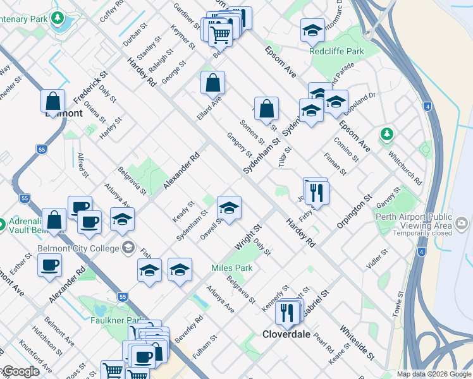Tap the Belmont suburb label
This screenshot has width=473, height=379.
[x=63, y=114]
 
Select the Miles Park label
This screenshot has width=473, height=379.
[x=231, y=268]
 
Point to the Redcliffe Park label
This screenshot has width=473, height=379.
[x=337, y=51]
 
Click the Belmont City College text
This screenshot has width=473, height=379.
[x=78, y=248]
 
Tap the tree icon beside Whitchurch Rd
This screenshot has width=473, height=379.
[x=386, y=134]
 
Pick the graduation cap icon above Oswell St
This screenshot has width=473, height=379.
[x=229, y=207]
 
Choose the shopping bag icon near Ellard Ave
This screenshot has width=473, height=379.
[x=213, y=82]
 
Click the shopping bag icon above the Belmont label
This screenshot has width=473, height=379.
[x=53, y=100]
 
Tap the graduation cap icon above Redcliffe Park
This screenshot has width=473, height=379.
[x=312, y=30]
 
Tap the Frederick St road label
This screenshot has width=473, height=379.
[x=90, y=87]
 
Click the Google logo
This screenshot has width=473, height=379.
[x=21, y=371]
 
